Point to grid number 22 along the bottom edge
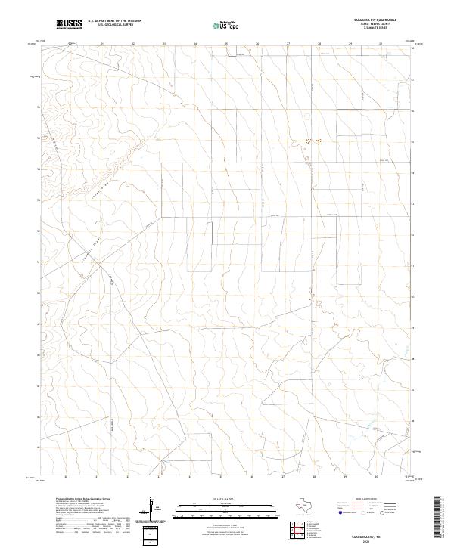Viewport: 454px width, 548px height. (x=129, y=477)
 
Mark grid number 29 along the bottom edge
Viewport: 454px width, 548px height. (x=345, y=477)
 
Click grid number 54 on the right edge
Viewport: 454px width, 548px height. (x=412, y=172)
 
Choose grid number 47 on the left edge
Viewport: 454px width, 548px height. (x=39, y=385)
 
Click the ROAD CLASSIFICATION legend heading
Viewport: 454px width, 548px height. (x=368, y=500)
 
